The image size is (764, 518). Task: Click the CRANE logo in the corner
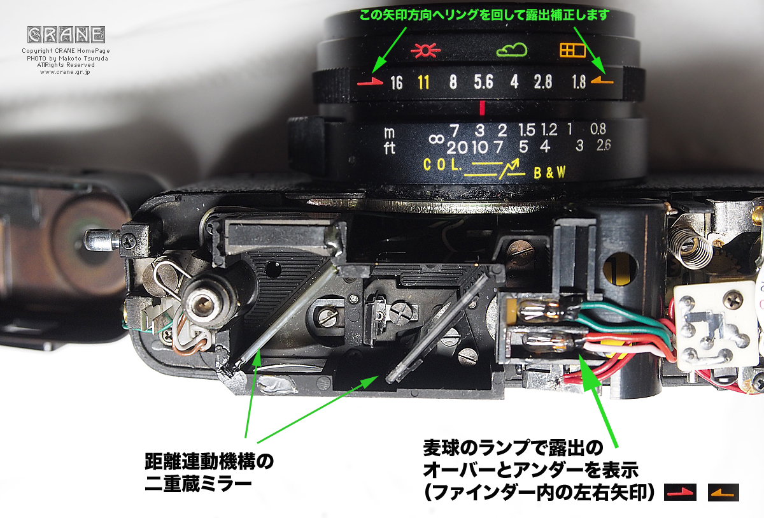point(66,34)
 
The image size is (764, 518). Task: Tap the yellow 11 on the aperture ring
point(423,82)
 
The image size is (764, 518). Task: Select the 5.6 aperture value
point(483,82)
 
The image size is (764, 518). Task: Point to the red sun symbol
point(421,50)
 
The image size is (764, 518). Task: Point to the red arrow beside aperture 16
point(371,83)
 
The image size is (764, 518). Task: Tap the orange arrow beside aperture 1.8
point(602,81)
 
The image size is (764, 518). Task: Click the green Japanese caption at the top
point(484,14)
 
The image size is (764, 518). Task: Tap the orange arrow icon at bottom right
point(723,492)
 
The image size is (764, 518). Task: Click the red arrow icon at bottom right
point(680,492)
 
